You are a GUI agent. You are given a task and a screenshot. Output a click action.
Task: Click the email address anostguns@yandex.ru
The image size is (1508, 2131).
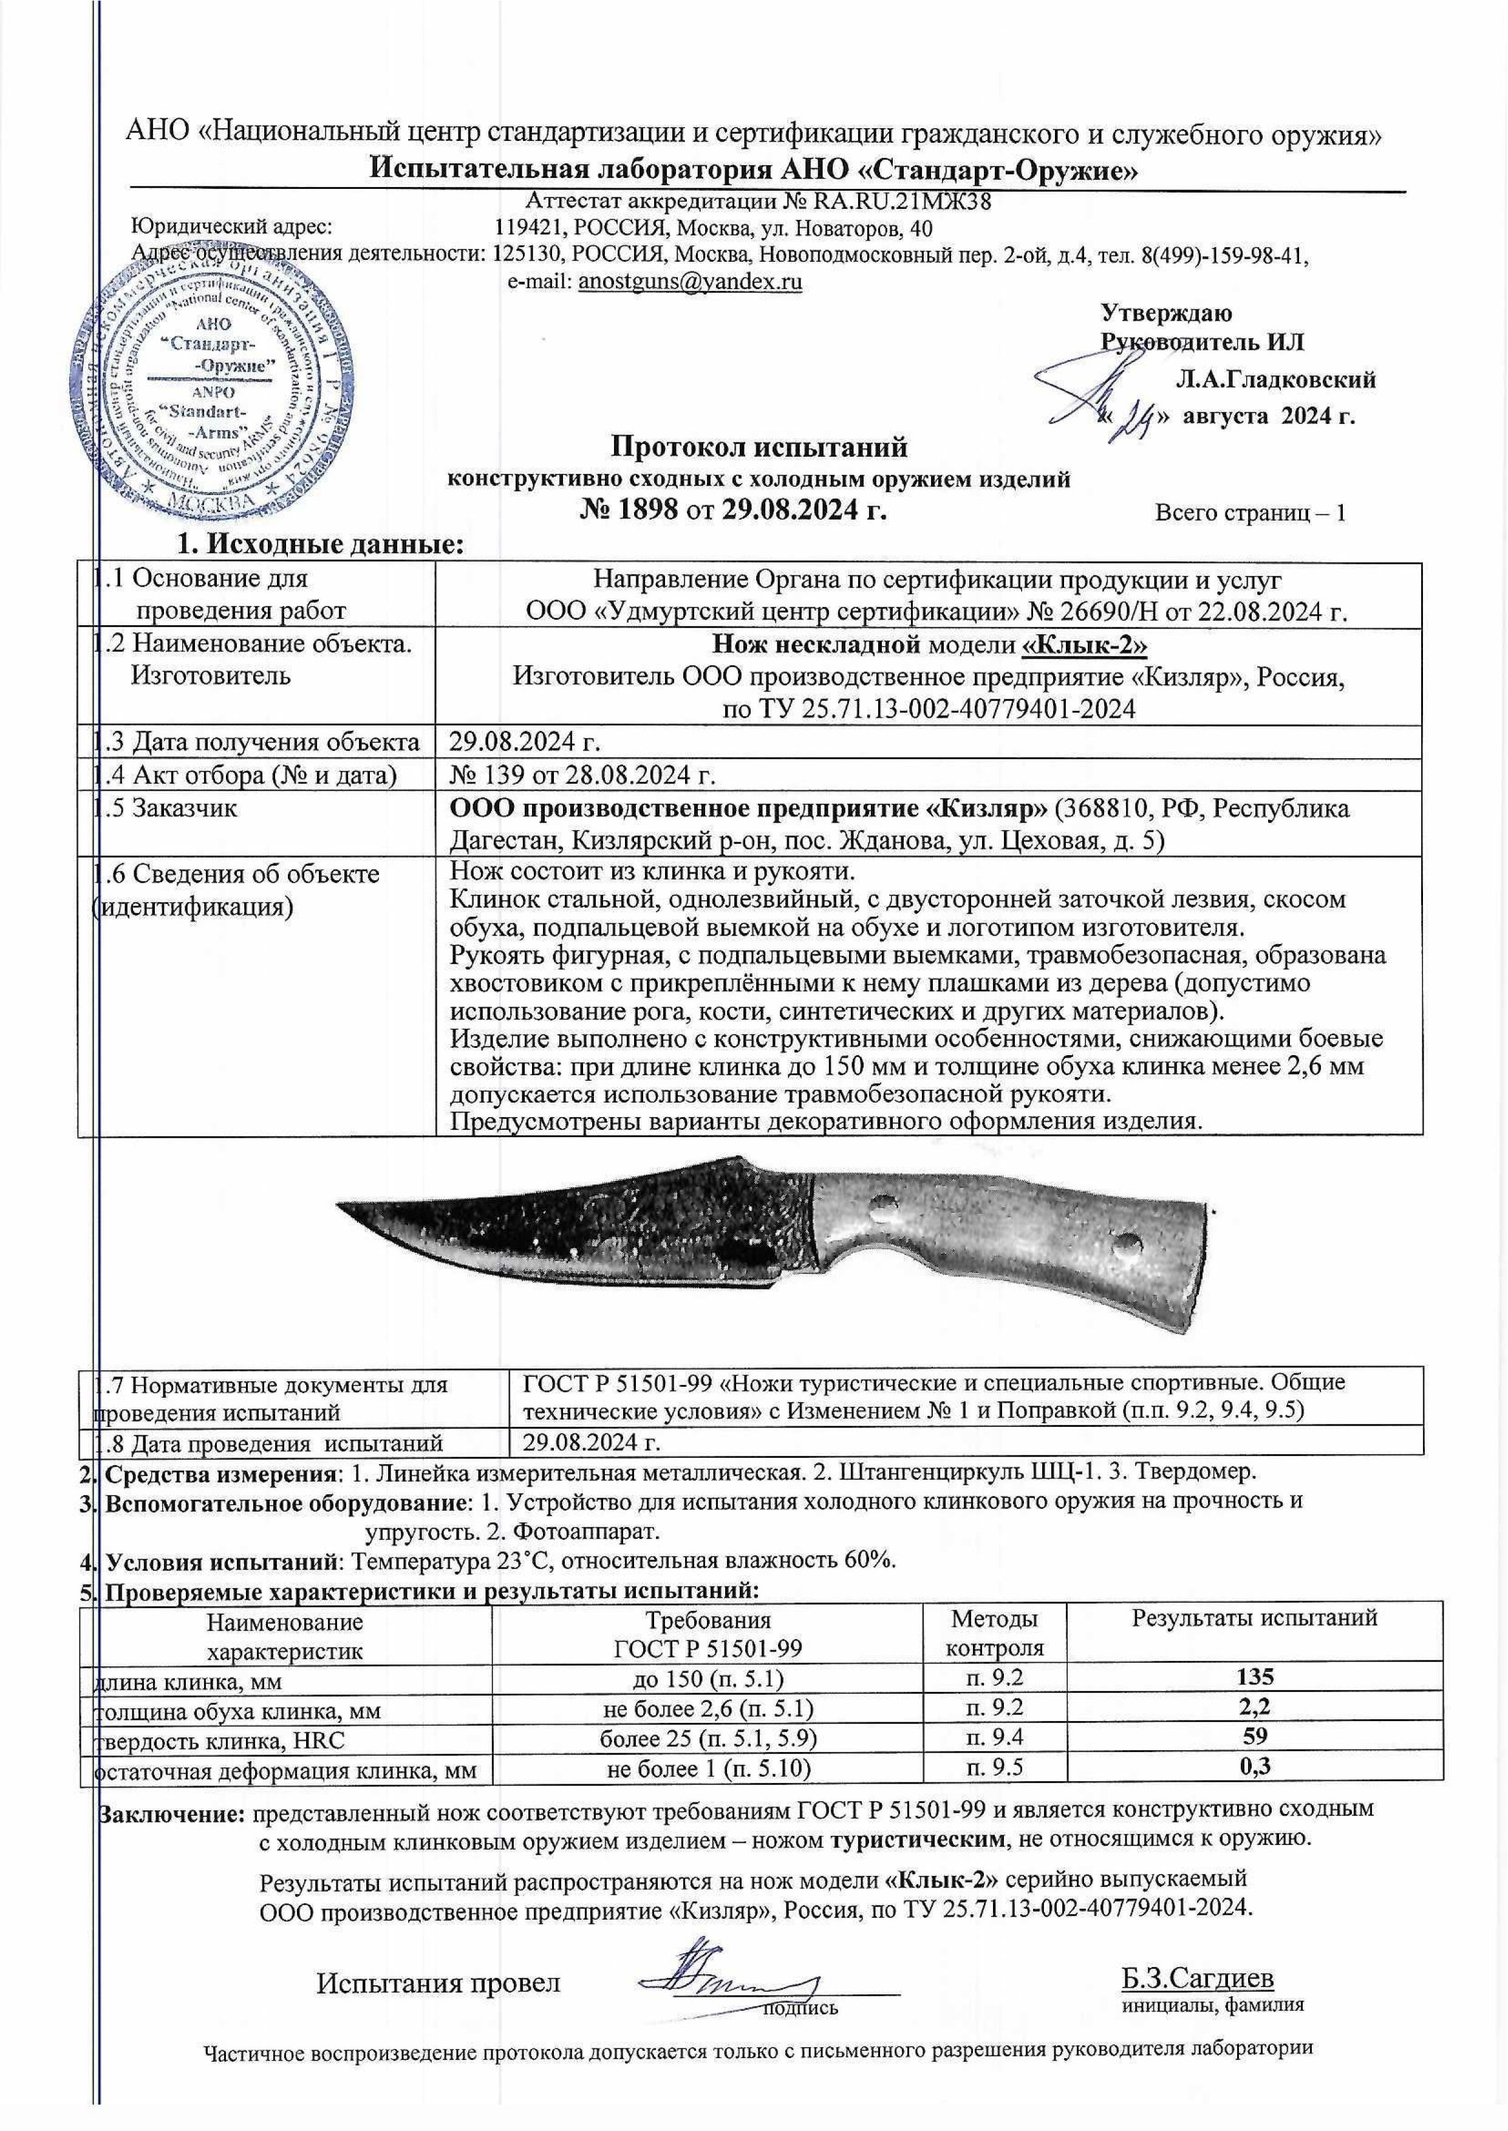tap(690, 282)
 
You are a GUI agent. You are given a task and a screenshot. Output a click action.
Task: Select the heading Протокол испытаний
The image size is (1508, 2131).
tap(759, 448)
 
